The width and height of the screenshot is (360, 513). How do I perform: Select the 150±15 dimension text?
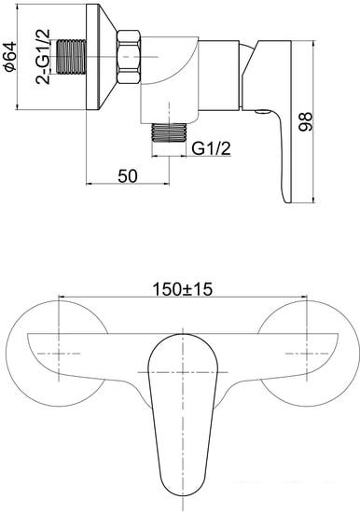click(183, 290)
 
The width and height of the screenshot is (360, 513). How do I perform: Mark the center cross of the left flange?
click(59, 355)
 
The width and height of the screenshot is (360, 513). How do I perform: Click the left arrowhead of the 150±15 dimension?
click(62, 299)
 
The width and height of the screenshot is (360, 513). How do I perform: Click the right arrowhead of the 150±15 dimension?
click(303, 299)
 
